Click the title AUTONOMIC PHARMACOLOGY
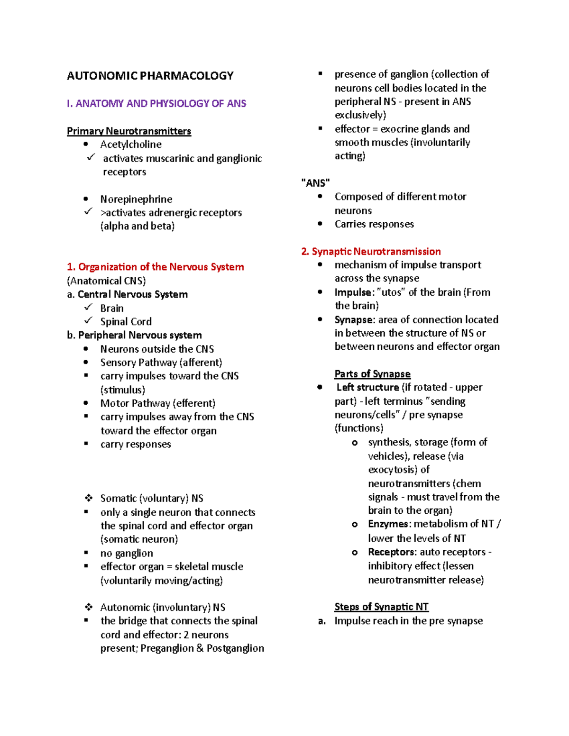pyautogui.click(x=150, y=76)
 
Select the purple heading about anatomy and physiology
pyautogui.click(x=156, y=103)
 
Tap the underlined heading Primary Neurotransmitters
pyautogui.click(x=129, y=131)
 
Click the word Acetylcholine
pyautogui.click(x=131, y=145)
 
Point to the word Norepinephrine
pyautogui.click(x=136, y=199)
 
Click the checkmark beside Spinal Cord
pyautogui.click(x=88, y=321)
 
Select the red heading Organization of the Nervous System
pyautogui.click(x=156, y=267)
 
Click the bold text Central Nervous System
pyautogui.click(x=133, y=294)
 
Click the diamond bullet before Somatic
pyautogui.click(x=89, y=498)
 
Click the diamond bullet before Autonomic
pyautogui.click(x=89, y=607)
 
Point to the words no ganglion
pyautogui.click(x=127, y=553)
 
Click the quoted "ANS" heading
pyautogui.click(x=316, y=183)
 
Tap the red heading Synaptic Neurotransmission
pyautogui.click(x=371, y=252)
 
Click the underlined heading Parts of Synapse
pyautogui.click(x=372, y=374)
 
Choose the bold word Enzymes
pyautogui.click(x=388, y=524)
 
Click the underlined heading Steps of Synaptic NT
pyautogui.click(x=381, y=607)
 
